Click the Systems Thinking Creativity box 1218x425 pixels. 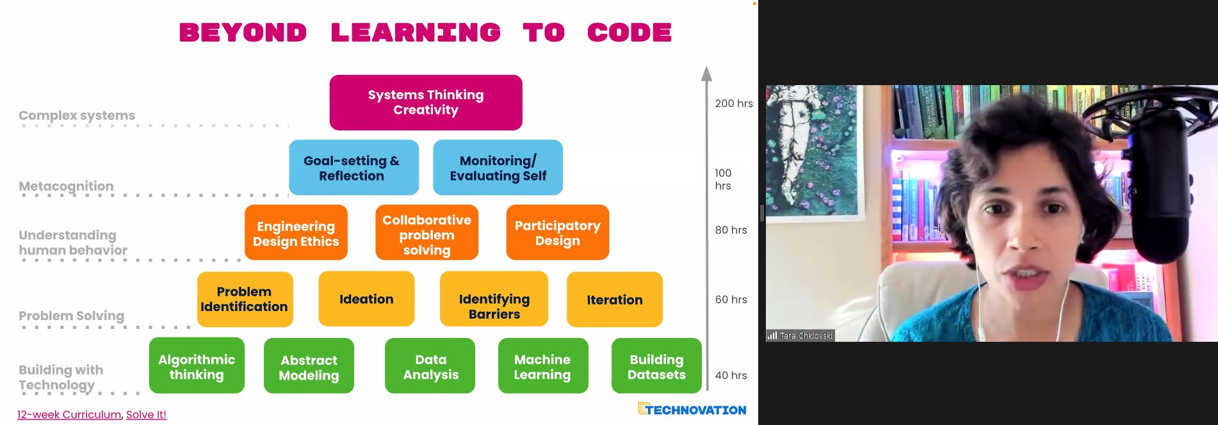(x=426, y=102)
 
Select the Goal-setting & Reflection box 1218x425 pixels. (x=353, y=168)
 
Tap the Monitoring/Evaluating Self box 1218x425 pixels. (x=498, y=168)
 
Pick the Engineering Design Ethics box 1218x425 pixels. (x=296, y=232)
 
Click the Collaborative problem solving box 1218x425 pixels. (x=426, y=232)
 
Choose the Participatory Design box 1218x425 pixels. (x=557, y=232)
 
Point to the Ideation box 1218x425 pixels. (x=366, y=299)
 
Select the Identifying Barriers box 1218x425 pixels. (x=494, y=299)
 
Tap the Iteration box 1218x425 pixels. (x=614, y=300)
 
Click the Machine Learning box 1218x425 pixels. (x=543, y=365)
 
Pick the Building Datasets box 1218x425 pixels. (x=656, y=365)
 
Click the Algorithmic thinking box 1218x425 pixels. (x=197, y=365)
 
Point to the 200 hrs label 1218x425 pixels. (x=734, y=103)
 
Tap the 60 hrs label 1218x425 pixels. (x=731, y=300)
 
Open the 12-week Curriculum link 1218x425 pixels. (x=69, y=415)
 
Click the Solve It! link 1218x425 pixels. (x=146, y=415)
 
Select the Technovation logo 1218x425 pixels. (x=692, y=409)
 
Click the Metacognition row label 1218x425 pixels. (x=66, y=186)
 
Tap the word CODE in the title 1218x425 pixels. (x=629, y=33)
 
